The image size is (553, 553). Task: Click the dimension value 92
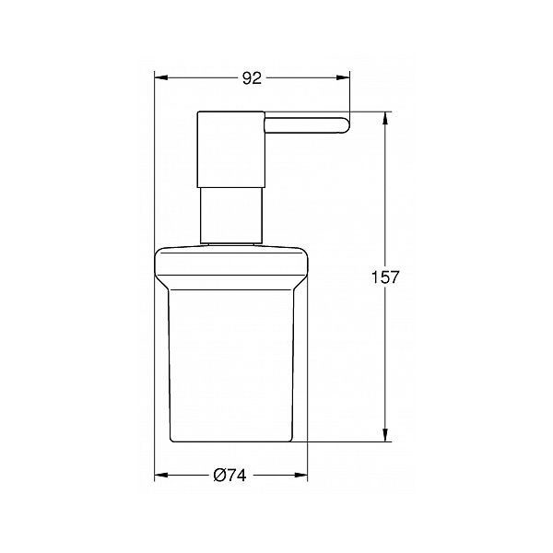[251, 78]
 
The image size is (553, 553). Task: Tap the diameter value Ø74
[230, 475]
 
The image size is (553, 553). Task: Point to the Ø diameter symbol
[219, 475]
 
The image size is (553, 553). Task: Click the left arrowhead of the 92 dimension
[159, 78]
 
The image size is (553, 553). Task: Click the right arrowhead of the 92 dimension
[347, 78]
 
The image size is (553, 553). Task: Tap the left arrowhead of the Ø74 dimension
[159, 475]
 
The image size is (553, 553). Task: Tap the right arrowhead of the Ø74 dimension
[302, 475]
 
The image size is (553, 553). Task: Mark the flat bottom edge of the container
[230, 441]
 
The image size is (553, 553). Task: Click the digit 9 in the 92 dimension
[246, 78]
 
